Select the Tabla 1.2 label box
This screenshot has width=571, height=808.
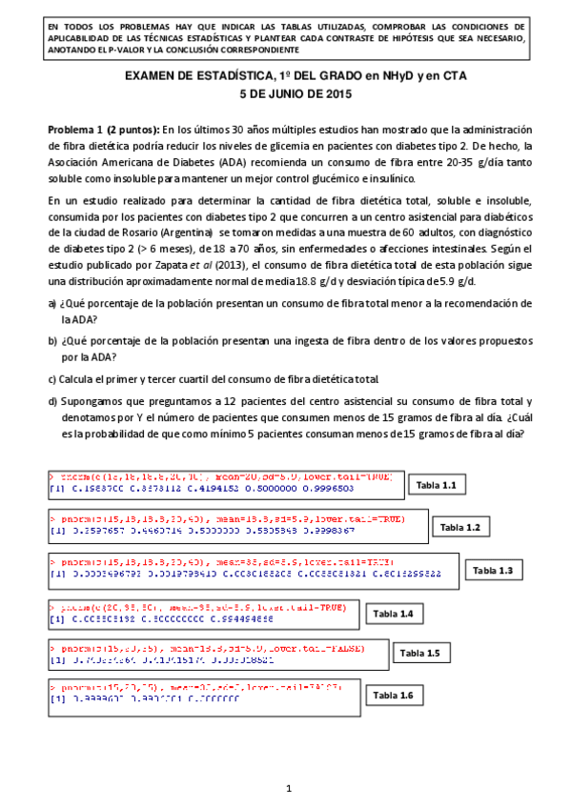[x=465, y=527]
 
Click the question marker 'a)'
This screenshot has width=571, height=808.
[x=52, y=303]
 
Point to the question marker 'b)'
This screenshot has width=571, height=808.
[x=52, y=340]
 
